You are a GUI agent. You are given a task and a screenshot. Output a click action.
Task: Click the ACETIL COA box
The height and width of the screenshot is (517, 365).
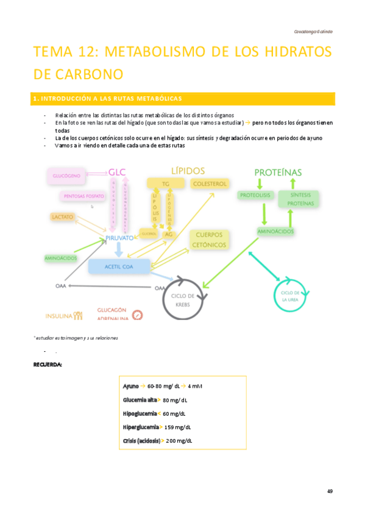(119, 266)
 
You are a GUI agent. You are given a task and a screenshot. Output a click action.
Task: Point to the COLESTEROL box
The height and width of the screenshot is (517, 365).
(210, 184)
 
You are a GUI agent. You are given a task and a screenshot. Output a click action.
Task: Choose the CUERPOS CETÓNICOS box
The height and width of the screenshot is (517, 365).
(209, 240)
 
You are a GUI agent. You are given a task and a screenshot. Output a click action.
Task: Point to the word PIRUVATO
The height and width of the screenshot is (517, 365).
(119, 238)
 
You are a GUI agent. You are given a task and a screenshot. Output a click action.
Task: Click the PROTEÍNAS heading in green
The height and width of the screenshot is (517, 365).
(277, 173)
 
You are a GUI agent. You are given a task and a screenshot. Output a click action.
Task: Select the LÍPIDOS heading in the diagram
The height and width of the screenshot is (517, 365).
(188, 171)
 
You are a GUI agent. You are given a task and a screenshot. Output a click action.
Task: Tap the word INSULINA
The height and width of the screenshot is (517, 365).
(59, 316)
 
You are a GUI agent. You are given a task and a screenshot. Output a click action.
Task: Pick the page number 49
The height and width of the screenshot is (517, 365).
(330, 491)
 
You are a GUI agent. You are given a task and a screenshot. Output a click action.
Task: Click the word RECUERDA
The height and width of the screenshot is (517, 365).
(47, 365)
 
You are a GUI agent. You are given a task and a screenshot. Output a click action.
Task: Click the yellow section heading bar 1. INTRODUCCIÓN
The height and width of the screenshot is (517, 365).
(183, 98)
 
